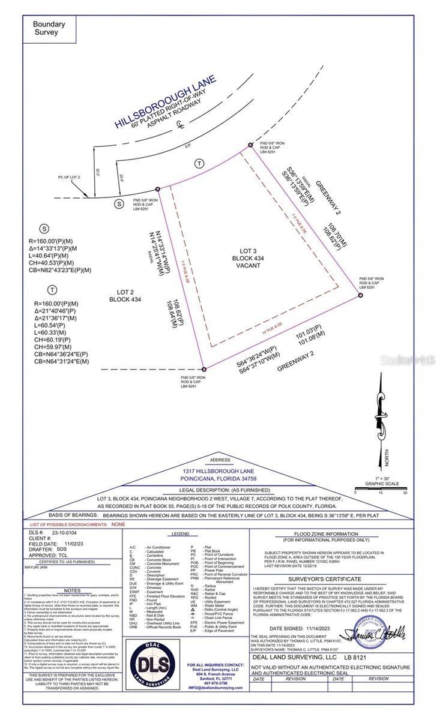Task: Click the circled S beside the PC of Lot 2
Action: click(118, 204)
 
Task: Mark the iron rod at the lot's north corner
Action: click(251, 145)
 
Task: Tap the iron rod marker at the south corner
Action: click(203, 369)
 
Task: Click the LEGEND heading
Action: click(179, 533)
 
